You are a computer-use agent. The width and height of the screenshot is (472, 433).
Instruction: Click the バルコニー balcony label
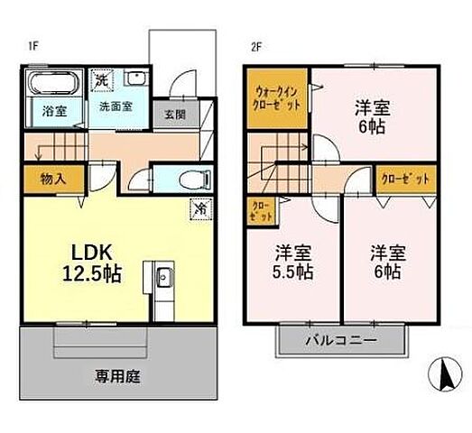click(339, 341)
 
